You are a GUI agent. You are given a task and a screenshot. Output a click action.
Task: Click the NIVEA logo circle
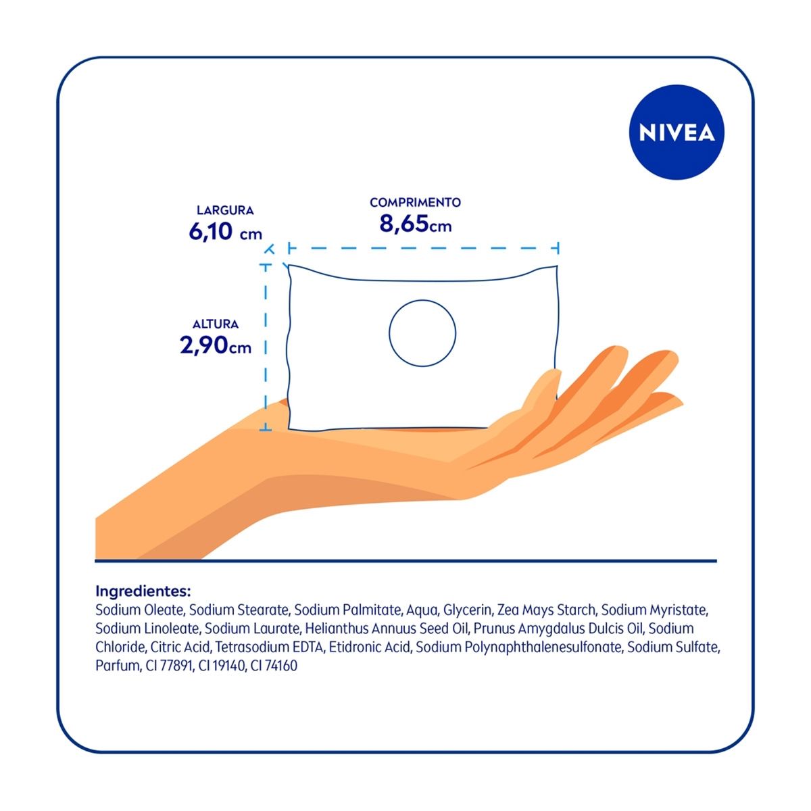point(677,132)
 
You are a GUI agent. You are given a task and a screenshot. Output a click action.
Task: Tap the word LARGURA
point(225,210)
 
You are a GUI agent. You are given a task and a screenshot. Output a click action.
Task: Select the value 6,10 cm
point(225,232)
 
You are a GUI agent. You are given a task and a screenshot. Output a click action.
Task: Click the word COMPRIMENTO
point(415,203)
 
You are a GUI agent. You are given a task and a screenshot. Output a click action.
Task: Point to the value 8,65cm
point(415,224)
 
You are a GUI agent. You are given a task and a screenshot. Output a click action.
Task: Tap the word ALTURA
point(216,324)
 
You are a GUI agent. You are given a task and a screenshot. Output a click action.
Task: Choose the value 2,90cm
point(216,345)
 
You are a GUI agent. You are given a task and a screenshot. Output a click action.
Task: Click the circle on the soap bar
point(422,333)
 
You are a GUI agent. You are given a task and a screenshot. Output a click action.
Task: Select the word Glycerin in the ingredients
point(468,610)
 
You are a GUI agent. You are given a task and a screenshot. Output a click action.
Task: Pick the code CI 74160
point(274,666)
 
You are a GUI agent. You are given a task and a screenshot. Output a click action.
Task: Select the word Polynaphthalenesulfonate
point(543,647)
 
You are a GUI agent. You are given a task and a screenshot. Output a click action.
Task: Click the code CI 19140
point(222,666)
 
